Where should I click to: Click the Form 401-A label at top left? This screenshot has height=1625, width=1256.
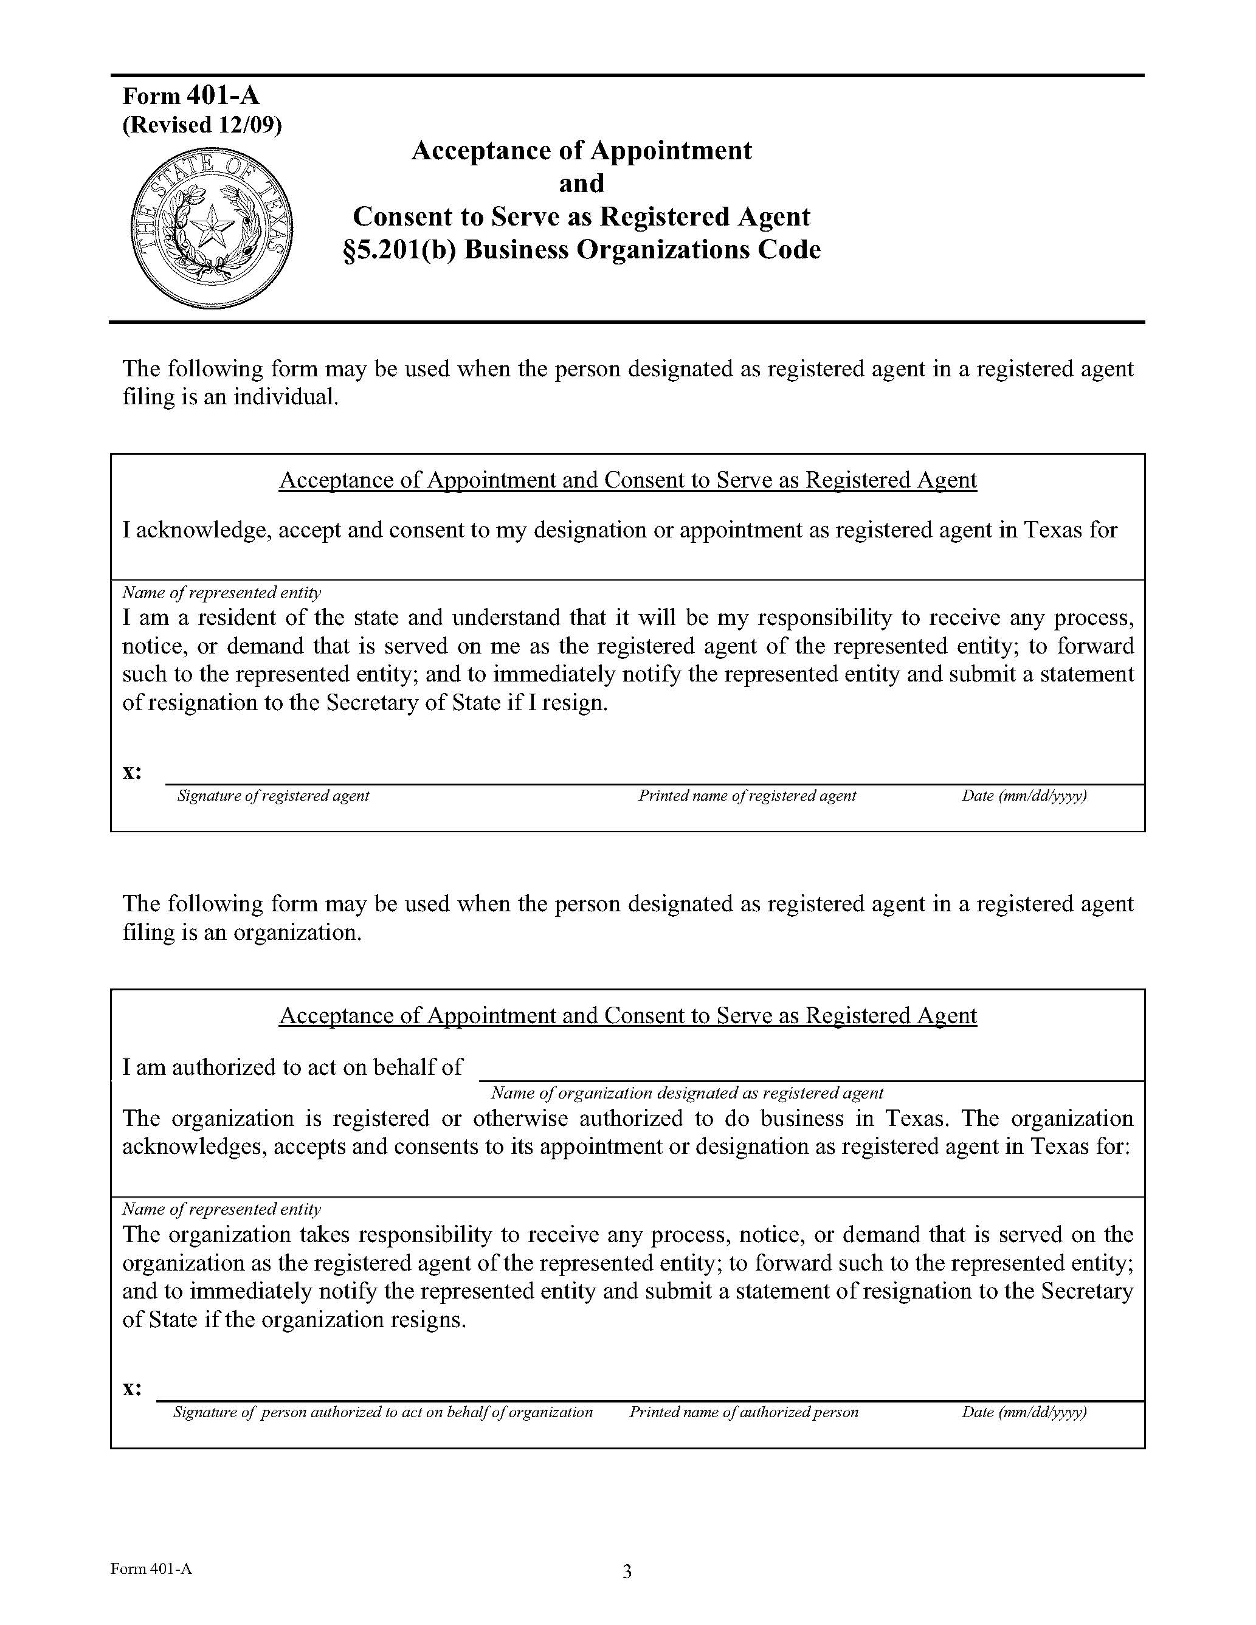[x=192, y=96]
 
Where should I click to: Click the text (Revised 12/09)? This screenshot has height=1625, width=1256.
[x=202, y=125]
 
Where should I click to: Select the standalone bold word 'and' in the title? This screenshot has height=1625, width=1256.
[x=581, y=183]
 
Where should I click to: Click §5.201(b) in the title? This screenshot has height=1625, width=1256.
[x=399, y=250]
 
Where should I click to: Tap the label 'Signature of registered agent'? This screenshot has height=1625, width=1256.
[x=273, y=795]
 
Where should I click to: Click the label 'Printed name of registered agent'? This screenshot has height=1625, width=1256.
[x=747, y=795]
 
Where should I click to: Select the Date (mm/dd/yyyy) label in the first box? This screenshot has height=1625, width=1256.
[x=1024, y=795]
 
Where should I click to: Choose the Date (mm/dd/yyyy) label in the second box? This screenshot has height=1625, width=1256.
[x=1024, y=1412]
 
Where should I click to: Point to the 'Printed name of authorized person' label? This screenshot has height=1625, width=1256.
[x=744, y=1412]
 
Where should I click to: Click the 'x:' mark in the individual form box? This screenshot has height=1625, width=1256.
[x=133, y=771]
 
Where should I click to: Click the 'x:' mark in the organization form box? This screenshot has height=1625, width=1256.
[x=133, y=1389]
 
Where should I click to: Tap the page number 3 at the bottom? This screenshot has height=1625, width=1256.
[x=627, y=1572]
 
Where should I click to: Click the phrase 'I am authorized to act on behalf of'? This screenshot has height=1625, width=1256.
[x=292, y=1068]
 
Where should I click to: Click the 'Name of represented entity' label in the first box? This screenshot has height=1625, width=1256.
[x=222, y=593]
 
